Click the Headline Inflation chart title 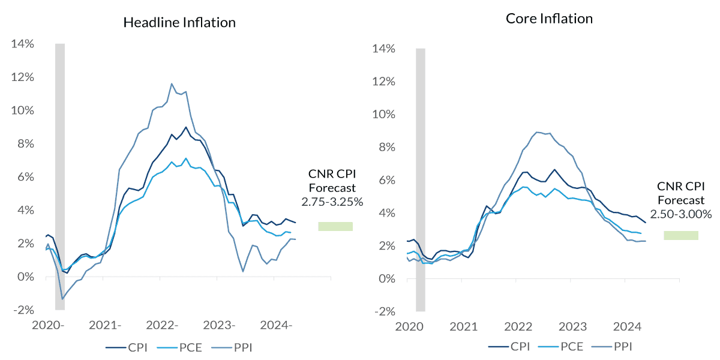(179, 23)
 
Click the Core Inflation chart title (549, 19)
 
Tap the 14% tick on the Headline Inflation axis (23, 44)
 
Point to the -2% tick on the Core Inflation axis (385, 311)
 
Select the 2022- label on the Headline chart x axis (160, 326)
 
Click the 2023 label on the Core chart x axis (572, 328)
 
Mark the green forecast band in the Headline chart (335, 226)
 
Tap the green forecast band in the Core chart (681, 235)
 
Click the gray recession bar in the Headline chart (59, 174)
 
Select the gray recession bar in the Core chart (420, 180)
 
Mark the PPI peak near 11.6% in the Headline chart (172, 84)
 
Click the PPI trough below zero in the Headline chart (62, 298)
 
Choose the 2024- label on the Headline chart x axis (276, 326)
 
